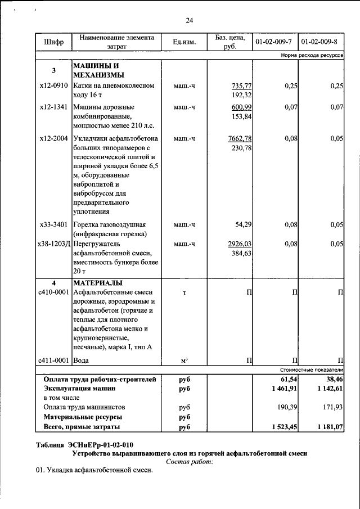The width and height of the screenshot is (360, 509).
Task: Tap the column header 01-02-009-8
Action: (x=319, y=42)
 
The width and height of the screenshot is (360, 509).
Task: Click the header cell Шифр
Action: (x=53, y=42)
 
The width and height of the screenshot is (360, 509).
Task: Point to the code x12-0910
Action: (x=54, y=85)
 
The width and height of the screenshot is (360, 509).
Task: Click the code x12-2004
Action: (x=54, y=138)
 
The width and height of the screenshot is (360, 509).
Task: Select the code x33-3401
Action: (x=54, y=224)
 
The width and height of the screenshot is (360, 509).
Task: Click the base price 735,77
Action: (x=240, y=85)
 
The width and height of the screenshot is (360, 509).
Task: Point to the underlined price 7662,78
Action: (x=239, y=138)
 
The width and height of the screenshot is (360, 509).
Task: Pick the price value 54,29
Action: (x=242, y=224)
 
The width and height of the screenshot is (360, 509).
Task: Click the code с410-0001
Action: (x=53, y=292)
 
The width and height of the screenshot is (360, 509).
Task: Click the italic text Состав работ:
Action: (x=190, y=462)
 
